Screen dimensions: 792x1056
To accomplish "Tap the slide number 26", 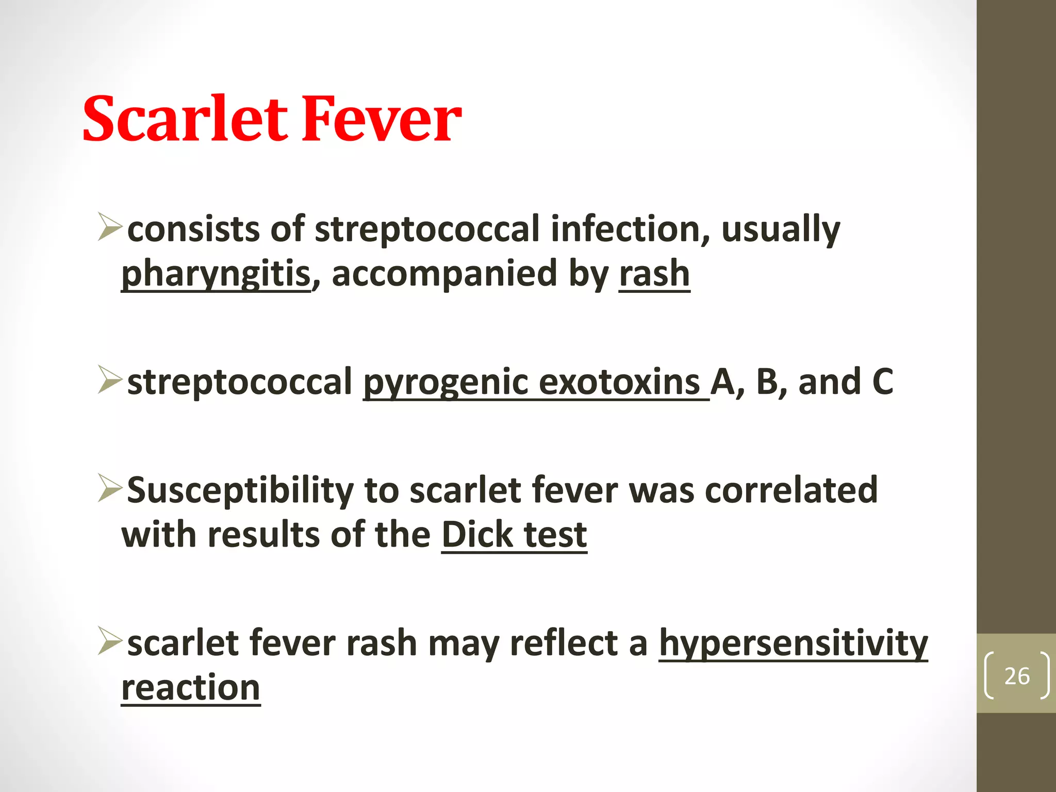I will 1017,675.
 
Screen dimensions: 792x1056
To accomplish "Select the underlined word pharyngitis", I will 216,274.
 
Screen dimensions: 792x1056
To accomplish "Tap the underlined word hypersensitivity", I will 794,643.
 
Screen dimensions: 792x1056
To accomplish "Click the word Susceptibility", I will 240,490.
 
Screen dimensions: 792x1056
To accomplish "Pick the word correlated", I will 791,489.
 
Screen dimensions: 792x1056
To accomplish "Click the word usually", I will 781,229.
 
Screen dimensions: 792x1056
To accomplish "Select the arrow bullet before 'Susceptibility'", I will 110,488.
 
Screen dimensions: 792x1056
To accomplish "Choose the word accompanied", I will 444,274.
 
